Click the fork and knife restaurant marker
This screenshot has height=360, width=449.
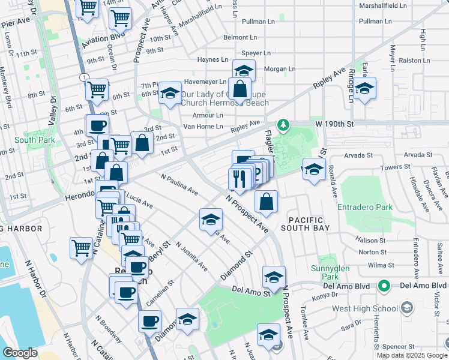click(239, 178)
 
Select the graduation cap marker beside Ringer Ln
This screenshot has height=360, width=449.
click(364, 89)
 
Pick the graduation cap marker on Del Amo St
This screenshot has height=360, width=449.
click(273, 277)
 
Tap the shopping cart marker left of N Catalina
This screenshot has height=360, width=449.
click(81, 247)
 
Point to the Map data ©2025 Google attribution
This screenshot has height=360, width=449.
click(412, 355)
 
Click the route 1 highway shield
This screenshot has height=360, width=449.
click(83, 77)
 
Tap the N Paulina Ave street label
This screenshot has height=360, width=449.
click(179, 184)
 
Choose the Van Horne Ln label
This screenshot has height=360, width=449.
click(203, 127)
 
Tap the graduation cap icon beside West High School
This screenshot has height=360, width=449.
click(407, 308)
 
